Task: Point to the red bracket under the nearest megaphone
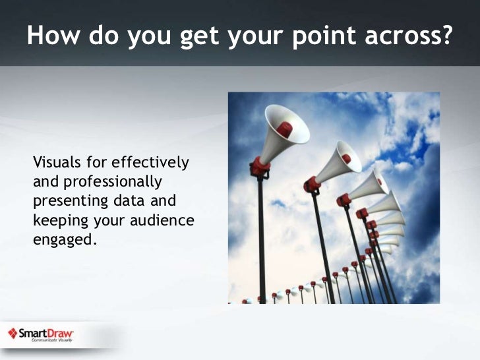(x=259, y=167)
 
